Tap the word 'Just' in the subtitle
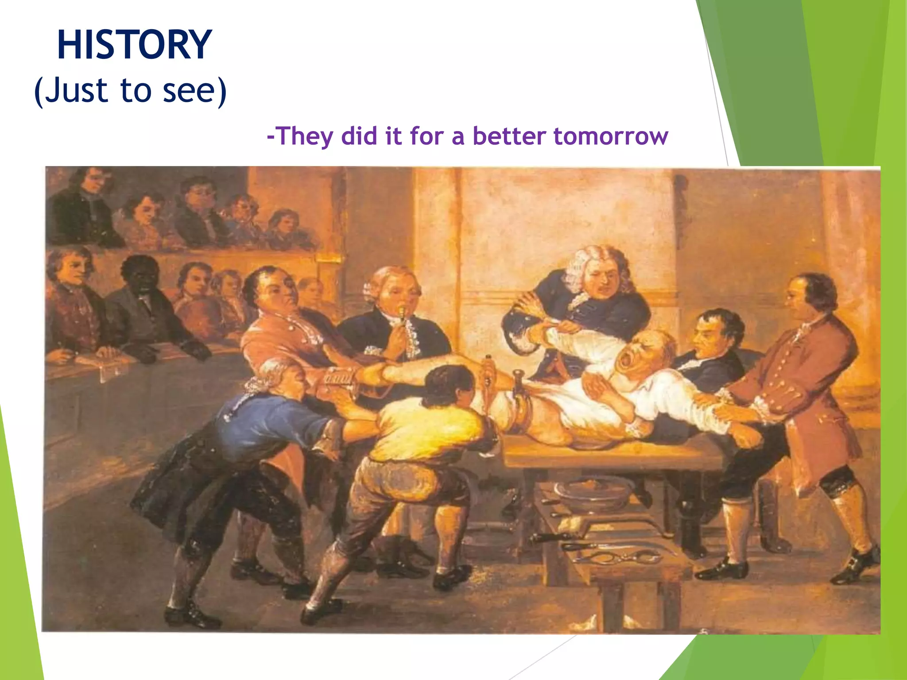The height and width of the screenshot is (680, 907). point(76,90)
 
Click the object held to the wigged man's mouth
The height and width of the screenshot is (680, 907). point(402,315)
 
